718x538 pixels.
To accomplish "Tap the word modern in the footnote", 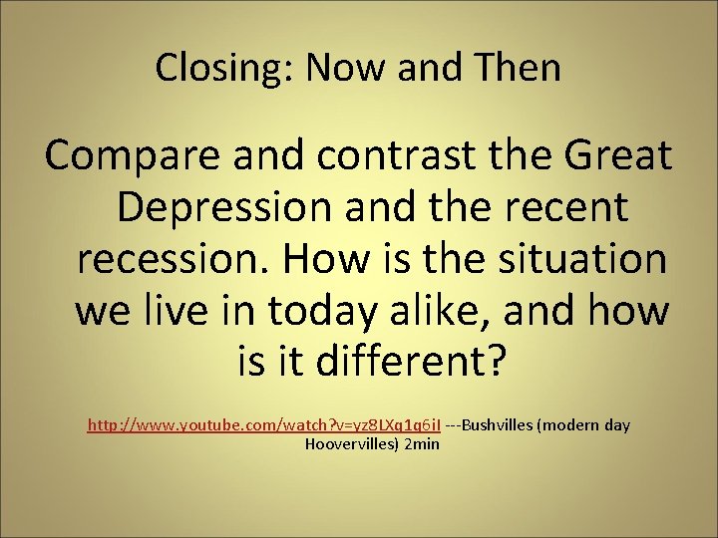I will click(571, 425).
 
